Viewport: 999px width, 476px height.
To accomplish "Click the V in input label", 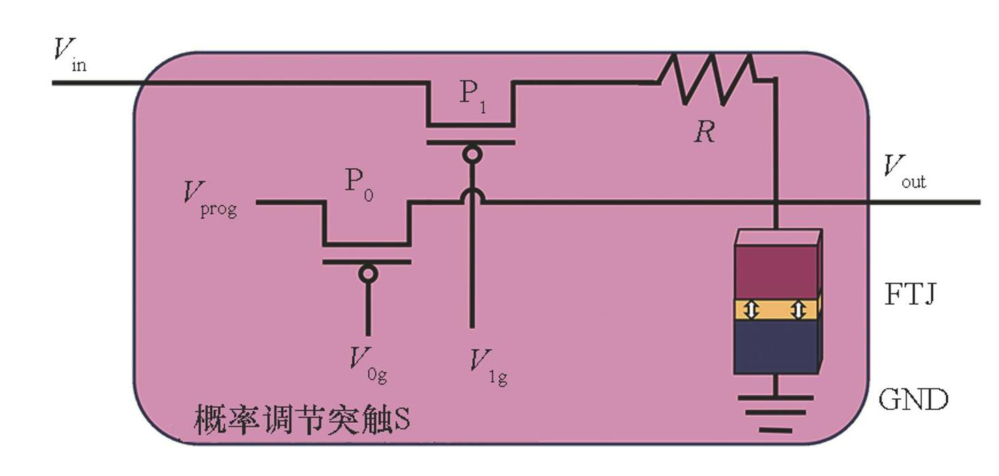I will [70, 55].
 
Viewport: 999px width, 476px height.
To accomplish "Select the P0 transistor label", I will [357, 184].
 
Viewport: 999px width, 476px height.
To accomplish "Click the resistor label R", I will [704, 132].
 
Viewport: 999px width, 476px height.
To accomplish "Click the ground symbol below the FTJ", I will [776, 413].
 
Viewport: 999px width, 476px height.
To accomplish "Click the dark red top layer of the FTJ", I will [775, 271].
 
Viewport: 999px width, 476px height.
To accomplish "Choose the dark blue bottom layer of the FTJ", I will [775, 346].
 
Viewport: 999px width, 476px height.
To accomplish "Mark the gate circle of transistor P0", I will [368, 273].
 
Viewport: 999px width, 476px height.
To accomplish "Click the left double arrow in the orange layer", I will [751, 310].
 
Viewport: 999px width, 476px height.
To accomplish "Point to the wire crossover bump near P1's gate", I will [471, 196].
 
